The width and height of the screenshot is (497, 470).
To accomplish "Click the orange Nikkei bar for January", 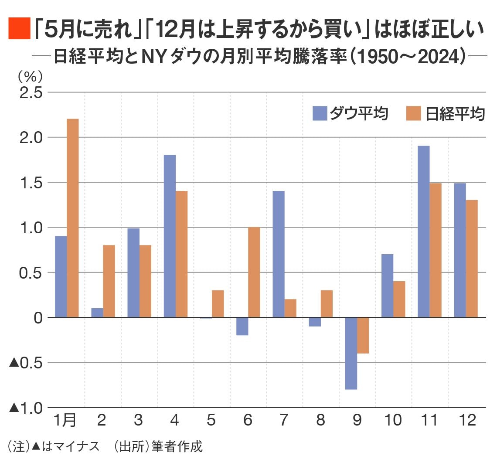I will coord(72,218).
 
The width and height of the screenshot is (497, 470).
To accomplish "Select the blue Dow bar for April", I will coord(170,236).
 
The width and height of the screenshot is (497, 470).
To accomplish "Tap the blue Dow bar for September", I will coord(351,353).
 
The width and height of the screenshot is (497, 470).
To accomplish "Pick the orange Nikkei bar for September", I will coord(363,335).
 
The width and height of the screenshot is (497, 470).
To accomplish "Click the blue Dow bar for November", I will coord(423,232).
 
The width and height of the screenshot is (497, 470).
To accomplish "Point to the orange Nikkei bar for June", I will coord(254,272).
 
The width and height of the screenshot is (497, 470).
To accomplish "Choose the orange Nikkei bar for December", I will coord(472,259).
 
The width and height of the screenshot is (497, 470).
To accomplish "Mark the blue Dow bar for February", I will coord(97,313).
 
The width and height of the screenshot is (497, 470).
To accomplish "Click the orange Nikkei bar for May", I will coord(218,303).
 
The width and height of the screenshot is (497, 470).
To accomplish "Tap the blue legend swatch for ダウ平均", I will coord(319,113).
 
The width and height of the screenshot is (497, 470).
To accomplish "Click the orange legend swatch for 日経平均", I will coord(413,113).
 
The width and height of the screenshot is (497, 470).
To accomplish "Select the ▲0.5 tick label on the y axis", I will coord(26,362).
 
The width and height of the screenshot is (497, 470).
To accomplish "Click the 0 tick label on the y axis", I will coord(38,317).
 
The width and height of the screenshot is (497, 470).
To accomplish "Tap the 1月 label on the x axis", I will coord(65,420).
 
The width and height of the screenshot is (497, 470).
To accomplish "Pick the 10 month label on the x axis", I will coord(393,420).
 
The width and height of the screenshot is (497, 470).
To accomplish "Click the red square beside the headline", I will coord(19,29).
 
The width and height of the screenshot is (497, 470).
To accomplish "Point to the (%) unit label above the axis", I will coord(30,77).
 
